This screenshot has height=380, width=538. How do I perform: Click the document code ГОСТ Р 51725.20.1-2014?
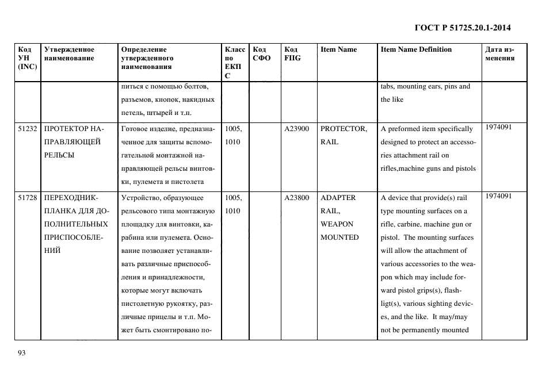pos(463,27)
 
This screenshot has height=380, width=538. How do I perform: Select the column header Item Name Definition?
pos(416,49)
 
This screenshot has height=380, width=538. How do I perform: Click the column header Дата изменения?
pos(499,53)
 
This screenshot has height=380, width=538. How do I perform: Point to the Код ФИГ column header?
pos(292,53)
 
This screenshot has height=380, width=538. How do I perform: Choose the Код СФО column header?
pos(261,53)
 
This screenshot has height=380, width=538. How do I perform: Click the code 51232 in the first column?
pos(28,129)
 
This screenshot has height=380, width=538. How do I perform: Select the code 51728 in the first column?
pos(28,198)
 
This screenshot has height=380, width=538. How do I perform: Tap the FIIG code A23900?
pos(296,129)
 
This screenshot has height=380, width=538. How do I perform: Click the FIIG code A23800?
pos(296,198)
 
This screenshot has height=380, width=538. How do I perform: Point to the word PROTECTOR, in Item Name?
pos(344,129)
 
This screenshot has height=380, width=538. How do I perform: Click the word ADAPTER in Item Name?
pos(338,198)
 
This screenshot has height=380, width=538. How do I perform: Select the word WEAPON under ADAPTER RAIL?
pos(337,224)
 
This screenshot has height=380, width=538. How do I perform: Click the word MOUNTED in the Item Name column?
pos(339,237)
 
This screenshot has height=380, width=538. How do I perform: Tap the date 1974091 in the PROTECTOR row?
pos(498,127)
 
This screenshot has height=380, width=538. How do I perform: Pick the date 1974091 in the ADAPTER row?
pos(498,196)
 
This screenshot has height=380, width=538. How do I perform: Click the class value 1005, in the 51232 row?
pos(234,129)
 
